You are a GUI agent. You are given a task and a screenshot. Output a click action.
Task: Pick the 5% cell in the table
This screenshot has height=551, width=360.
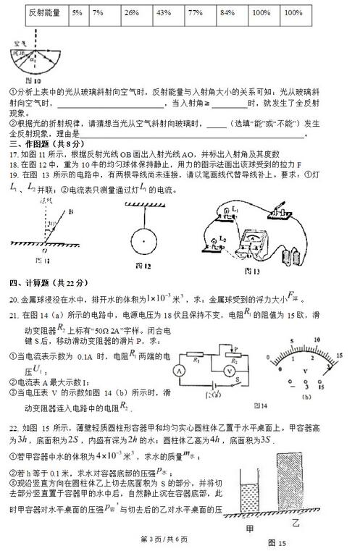(x=77, y=13)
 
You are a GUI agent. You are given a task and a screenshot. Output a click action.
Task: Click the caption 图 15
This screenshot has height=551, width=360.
(x=278, y=542)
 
